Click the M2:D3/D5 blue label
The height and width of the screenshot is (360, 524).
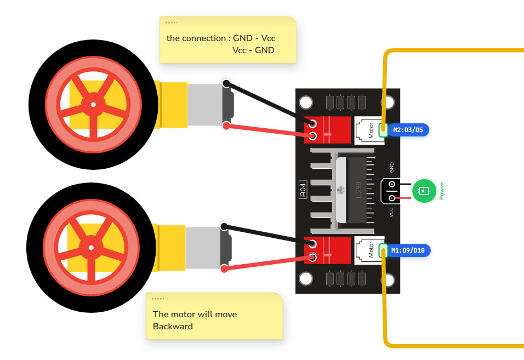pos(408,130)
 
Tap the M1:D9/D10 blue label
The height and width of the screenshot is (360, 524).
pos(408,250)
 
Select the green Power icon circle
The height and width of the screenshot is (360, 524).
pos(424,191)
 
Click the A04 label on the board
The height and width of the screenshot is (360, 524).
pos(303,190)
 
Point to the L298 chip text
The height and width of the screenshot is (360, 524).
pos(358,190)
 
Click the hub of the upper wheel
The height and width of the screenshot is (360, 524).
pos(93,105)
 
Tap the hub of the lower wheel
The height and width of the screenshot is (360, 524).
pos(91,248)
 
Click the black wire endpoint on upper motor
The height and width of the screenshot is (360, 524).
pos(226,83)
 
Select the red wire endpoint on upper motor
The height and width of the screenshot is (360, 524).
pos(226,126)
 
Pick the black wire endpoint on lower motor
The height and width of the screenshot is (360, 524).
pos(224,227)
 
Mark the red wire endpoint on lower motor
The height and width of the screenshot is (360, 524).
pos(224,268)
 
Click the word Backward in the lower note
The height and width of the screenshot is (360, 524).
pos(173,326)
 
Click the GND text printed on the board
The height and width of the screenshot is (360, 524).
pos(392,167)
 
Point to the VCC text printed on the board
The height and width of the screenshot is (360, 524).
pos(391,213)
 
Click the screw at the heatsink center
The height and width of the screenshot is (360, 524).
pos(340,190)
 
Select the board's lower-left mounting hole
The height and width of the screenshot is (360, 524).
pos(306,278)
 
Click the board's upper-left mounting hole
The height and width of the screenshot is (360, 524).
pos(306,102)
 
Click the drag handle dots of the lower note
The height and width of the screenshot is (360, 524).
pos(158,299)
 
